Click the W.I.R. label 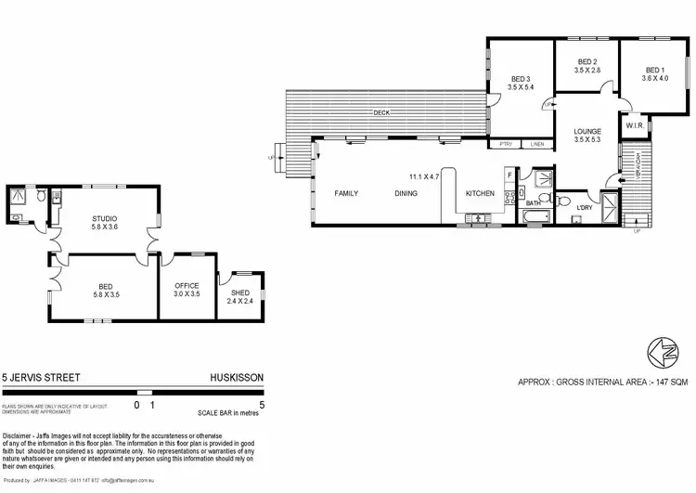coord(636,124)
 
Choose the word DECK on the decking coord(381,112)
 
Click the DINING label coord(406,193)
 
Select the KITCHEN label coord(480,193)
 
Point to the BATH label coord(533,202)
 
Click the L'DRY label coord(585,205)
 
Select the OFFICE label coord(187,286)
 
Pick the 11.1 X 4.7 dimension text coord(425,175)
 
